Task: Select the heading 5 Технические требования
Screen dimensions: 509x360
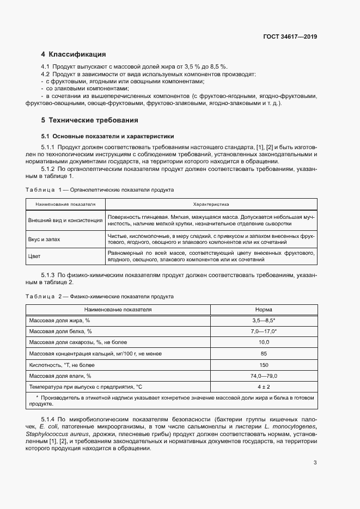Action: tap(90, 120)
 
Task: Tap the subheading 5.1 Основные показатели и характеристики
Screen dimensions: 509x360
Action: tap(107, 136)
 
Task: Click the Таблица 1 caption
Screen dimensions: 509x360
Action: tap(100, 191)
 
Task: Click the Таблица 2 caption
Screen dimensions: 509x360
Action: tap(100, 297)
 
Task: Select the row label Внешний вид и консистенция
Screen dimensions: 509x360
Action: tap(65, 220)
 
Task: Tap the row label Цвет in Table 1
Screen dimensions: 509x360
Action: tap(35, 256)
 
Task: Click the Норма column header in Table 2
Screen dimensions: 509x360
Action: tap(264, 309)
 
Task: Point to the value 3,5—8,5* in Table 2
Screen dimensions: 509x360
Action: tap(264, 321)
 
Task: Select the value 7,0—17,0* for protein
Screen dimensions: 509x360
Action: tap(264, 332)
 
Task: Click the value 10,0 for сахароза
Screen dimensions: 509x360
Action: tap(264, 342)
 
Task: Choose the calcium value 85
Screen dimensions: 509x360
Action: tap(264, 354)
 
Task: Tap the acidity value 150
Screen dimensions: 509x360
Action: tap(264, 365)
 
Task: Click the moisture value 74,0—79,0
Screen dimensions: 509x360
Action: tap(264, 376)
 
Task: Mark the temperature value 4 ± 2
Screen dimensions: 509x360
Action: tap(264, 387)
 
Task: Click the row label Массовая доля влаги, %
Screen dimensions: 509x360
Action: tap(60, 376)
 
